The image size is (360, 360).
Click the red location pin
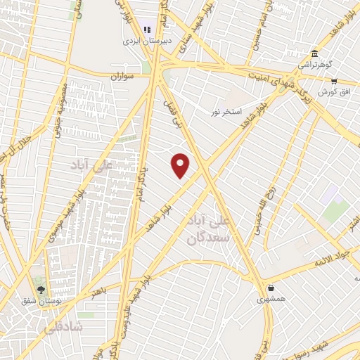181,165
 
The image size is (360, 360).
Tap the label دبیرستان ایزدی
147,41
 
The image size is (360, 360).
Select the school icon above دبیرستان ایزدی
147,30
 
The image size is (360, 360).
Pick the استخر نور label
228,111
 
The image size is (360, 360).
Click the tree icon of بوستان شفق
40,289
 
